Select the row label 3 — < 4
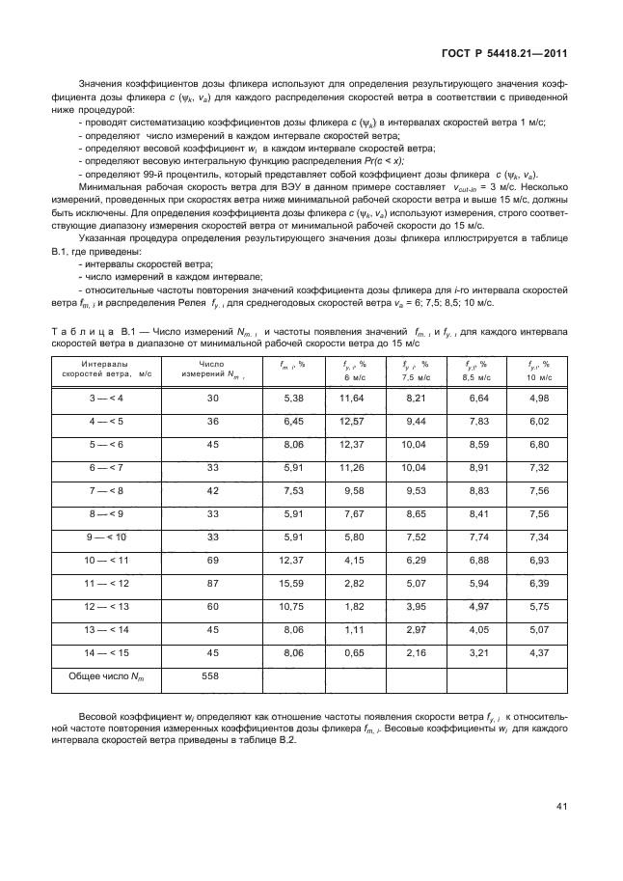[x=107, y=397]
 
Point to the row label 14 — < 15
[x=107, y=652]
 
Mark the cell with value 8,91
[x=478, y=466]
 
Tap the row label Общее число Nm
[x=107, y=676]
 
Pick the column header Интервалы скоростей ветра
[x=107, y=371]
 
